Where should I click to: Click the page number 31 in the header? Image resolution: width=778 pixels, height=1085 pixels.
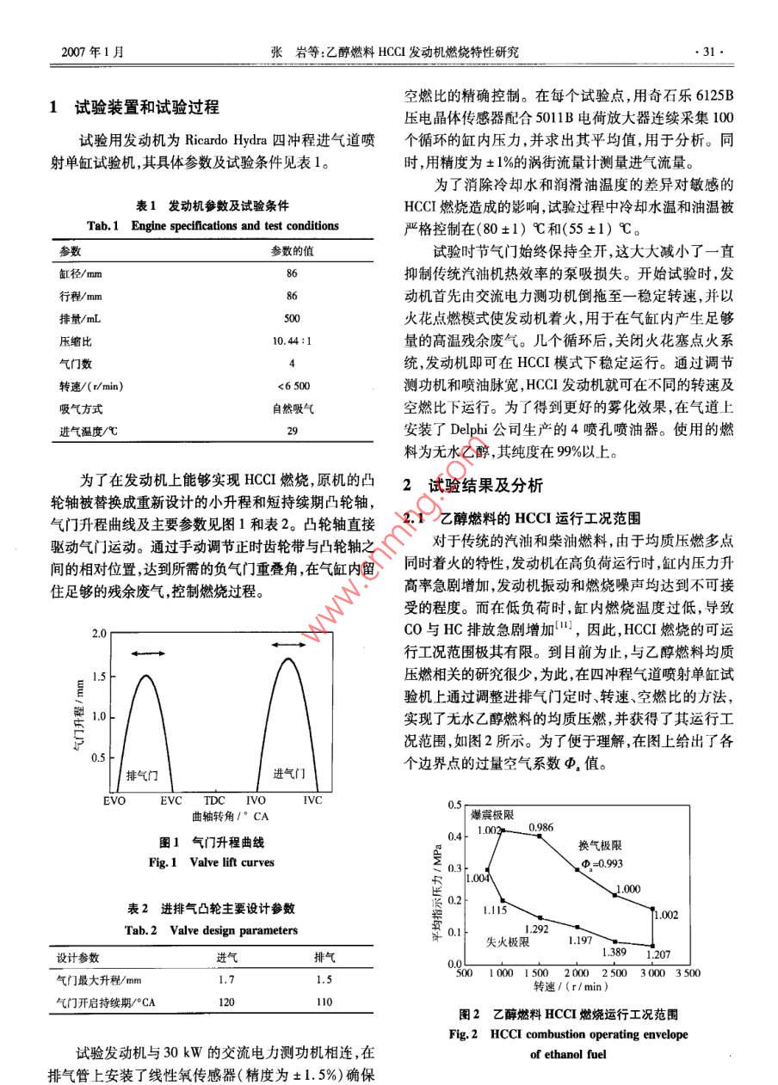709,52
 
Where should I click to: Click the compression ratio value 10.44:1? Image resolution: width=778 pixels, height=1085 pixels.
292,340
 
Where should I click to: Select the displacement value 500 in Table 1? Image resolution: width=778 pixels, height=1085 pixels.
292,318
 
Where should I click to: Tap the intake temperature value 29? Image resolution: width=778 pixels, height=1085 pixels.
292,431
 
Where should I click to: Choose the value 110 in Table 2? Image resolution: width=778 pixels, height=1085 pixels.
324,1002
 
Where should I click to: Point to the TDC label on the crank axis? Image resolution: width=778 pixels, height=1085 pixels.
214,800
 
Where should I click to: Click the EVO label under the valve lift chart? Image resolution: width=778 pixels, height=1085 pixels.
114,800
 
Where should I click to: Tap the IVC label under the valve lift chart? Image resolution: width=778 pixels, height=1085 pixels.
312,800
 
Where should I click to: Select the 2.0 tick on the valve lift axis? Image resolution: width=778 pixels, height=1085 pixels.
98,634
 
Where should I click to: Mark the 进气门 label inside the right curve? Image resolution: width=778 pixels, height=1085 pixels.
288,773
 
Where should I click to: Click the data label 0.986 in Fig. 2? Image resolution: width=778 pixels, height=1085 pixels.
540,827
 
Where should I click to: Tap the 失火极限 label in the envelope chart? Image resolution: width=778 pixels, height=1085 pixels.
507,942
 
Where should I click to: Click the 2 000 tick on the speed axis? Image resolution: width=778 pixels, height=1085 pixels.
576,973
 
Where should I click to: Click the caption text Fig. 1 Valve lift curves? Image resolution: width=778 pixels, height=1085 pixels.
212,861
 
